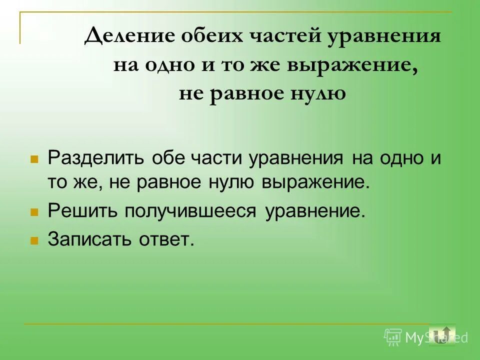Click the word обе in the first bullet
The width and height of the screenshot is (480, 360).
tap(160, 158)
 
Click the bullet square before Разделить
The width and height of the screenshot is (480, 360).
tap(34, 159)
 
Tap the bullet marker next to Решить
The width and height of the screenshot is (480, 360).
tap(34, 212)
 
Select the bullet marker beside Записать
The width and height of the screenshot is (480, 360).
tap(34, 240)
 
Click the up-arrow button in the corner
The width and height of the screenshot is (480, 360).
tap(442, 335)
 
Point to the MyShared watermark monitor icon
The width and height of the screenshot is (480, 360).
tap(393, 337)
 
